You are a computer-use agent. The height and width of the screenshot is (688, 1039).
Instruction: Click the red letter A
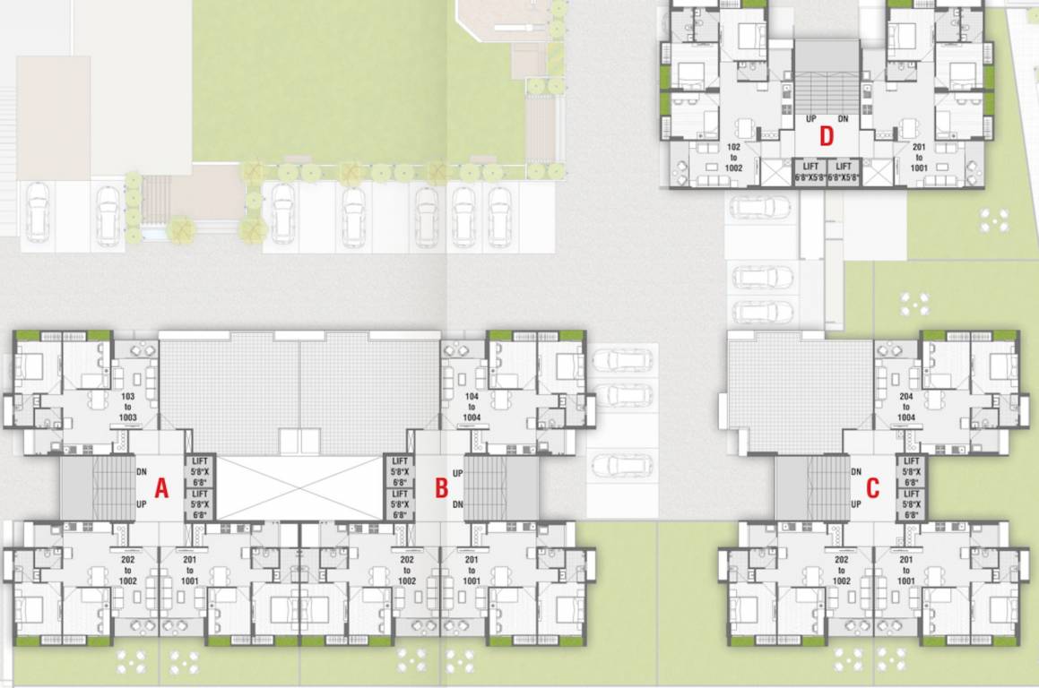(161, 488)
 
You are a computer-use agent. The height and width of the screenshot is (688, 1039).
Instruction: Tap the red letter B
(441, 488)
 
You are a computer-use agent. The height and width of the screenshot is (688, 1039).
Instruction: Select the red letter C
(872, 488)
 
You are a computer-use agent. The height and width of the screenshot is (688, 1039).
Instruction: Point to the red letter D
(827, 136)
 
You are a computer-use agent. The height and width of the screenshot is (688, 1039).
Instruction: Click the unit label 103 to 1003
(127, 406)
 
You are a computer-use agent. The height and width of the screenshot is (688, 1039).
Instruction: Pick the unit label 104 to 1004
(473, 406)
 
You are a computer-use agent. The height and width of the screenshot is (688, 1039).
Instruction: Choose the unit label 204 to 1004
(905, 406)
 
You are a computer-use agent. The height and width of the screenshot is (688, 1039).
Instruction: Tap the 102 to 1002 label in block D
(733, 156)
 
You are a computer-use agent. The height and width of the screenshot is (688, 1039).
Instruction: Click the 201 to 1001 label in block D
(918, 156)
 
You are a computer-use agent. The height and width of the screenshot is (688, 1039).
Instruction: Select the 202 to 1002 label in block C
(841, 570)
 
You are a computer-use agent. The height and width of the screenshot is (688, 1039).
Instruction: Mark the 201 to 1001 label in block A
(189, 570)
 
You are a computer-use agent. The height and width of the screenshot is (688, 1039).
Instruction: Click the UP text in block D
(810, 119)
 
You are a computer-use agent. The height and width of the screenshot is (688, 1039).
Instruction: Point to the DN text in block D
(843, 119)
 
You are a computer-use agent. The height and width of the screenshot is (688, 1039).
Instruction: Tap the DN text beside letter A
(142, 472)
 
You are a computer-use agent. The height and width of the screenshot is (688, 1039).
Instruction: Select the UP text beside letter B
(457, 473)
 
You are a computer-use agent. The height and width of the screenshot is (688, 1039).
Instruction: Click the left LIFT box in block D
(810, 171)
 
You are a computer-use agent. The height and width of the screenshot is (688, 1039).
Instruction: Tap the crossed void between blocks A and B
(300, 488)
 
